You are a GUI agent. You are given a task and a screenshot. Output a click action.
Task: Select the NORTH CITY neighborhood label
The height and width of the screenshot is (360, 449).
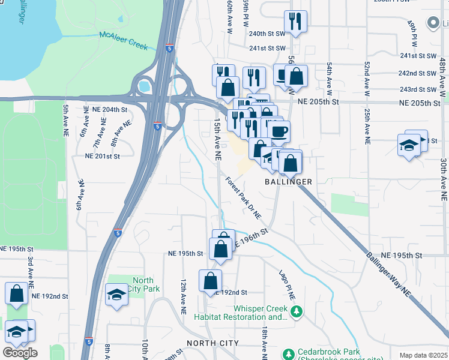click(x=212, y=343)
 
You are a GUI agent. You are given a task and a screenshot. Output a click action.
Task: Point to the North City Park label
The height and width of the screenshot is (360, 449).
click(x=143, y=284)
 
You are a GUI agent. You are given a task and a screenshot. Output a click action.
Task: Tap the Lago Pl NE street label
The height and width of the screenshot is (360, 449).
click(x=287, y=284)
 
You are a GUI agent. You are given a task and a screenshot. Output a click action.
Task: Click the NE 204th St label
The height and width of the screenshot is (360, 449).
click(x=110, y=110)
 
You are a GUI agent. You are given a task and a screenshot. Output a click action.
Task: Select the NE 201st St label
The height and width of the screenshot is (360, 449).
click(x=103, y=156)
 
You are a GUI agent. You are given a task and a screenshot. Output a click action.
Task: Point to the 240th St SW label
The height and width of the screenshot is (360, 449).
click(x=267, y=34)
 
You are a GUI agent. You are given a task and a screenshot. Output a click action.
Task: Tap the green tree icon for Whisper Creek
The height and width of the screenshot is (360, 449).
click(x=296, y=312)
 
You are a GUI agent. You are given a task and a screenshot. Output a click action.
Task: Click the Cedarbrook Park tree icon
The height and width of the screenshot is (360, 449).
click(x=289, y=353)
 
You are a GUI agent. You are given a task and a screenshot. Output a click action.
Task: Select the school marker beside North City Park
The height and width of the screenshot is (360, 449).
click(x=116, y=295)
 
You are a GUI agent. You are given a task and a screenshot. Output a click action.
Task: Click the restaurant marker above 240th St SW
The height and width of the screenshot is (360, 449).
click(x=295, y=22)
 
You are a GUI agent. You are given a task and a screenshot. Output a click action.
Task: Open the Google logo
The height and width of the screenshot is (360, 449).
click(x=20, y=353)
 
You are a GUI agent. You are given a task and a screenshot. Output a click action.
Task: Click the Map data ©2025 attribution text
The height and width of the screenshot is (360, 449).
click(x=423, y=355)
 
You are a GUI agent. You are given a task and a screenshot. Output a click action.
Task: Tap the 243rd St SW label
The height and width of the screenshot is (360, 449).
click(x=418, y=89)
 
